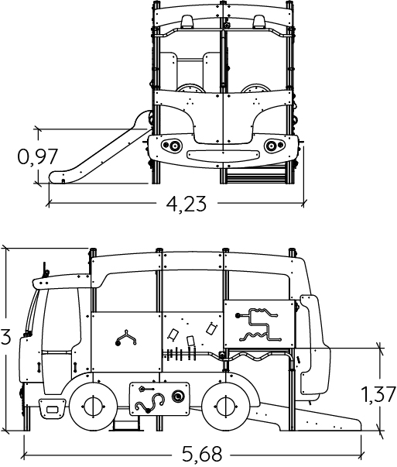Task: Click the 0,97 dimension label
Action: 37,156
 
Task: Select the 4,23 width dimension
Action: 187,204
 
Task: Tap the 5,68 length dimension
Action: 202,455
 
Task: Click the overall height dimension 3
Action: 5,337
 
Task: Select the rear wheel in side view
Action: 225,407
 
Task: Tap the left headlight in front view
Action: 172,146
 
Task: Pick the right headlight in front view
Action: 274,146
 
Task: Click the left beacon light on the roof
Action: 187,21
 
